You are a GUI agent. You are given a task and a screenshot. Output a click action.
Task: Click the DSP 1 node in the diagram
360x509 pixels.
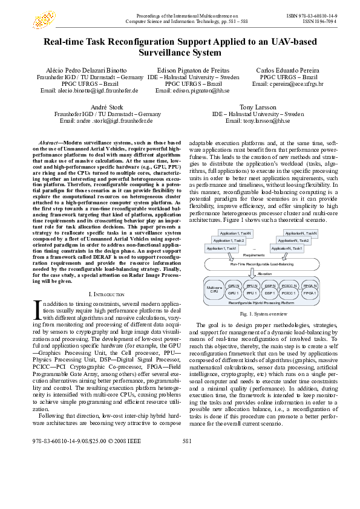(x=270, y=293)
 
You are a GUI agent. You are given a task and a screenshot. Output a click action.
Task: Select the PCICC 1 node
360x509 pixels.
(x=289, y=293)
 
